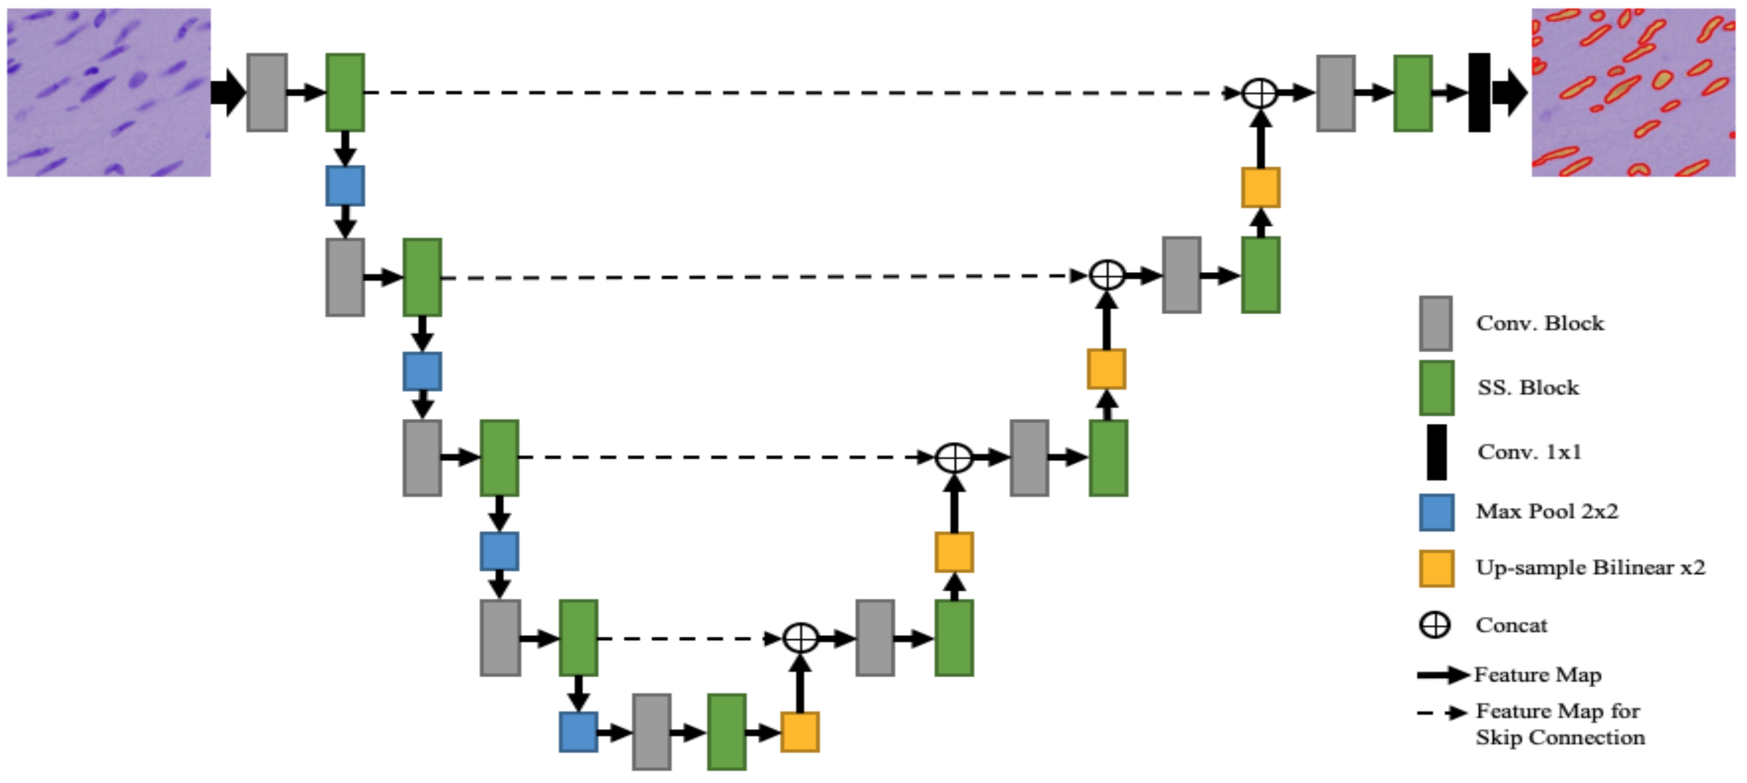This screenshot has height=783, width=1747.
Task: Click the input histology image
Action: [108, 92]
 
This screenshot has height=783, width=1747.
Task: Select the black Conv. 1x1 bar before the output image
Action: [1479, 92]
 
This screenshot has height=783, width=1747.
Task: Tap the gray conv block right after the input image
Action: [267, 92]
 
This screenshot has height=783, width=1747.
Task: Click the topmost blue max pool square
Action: [344, 186]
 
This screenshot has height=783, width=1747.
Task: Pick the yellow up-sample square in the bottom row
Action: [799, 732]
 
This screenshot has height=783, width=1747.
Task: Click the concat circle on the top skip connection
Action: [1259, 92]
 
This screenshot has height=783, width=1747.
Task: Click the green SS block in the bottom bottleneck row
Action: [726, 732]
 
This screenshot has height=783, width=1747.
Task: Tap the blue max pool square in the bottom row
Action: [578, 732]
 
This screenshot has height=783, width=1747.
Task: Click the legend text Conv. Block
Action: [1540, 323]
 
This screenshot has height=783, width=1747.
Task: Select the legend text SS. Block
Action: [1528, 388]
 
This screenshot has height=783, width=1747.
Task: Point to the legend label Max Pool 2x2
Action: [1546, 511]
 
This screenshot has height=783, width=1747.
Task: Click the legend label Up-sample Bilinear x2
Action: [1590, 567]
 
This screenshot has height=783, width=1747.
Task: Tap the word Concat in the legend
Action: [1511, 625]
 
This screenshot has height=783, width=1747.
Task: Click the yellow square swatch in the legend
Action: [1436, 568]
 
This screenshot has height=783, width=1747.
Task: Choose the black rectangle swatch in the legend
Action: [1436, 452]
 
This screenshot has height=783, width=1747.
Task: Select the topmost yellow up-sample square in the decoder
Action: [1260, 187]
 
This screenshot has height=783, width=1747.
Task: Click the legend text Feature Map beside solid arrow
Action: [1537, 675]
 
